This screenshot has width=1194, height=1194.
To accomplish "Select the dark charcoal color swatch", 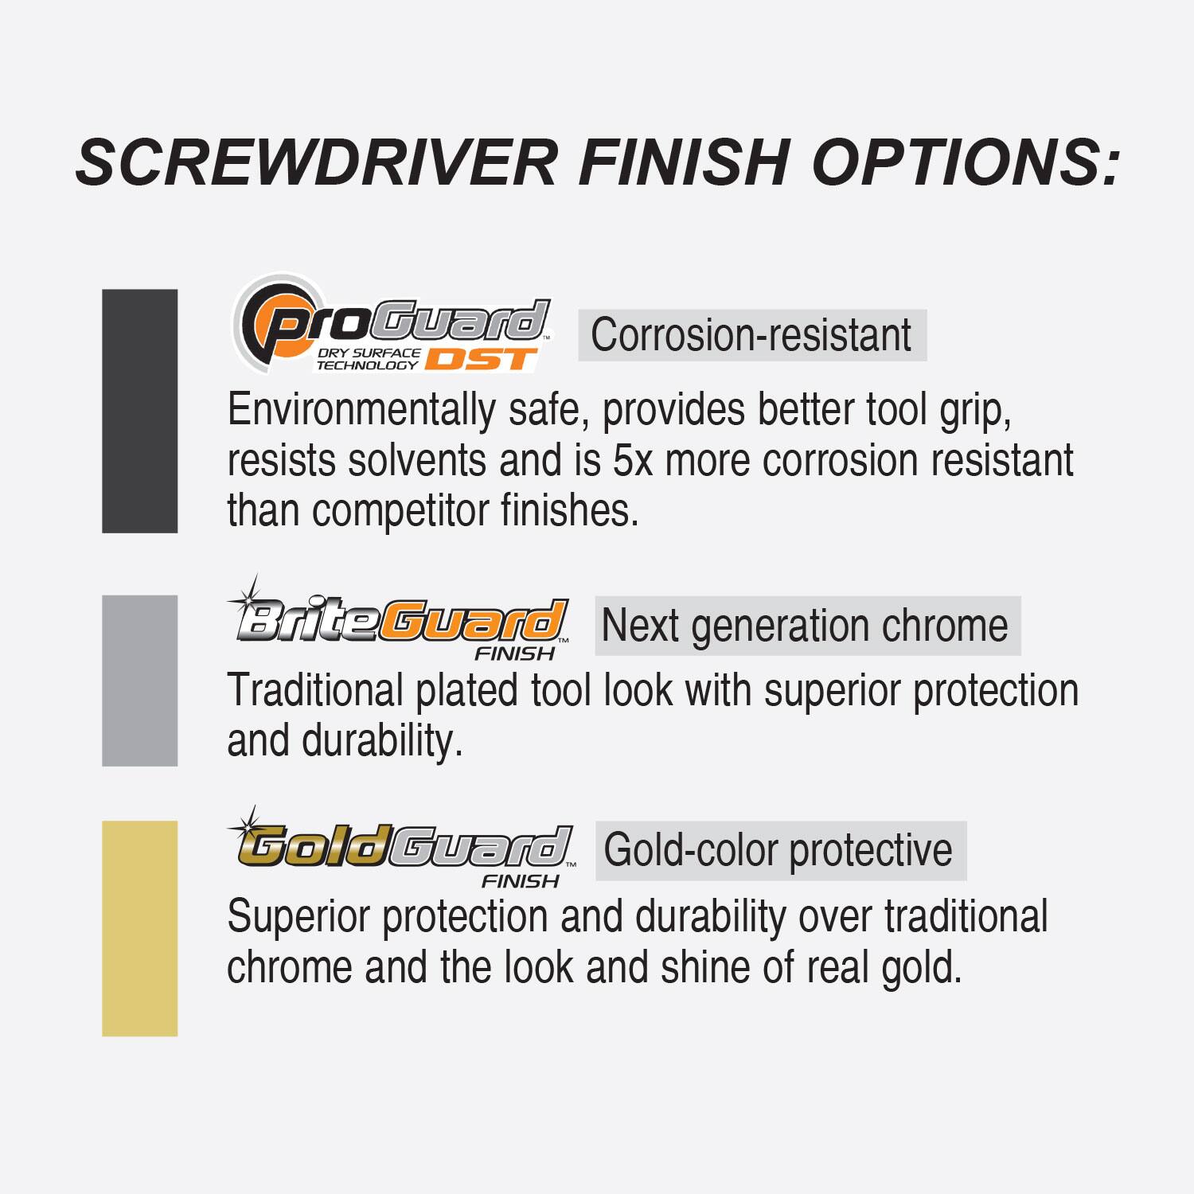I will [140, 411].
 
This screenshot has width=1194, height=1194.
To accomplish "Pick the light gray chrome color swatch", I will [140, 681].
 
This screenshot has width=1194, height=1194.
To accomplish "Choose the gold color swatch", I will [140, 928].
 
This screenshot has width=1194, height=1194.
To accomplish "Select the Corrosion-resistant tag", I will [751, 335].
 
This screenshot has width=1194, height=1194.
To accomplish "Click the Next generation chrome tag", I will [806, 626].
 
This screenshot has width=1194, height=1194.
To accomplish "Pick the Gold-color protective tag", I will [779, 850].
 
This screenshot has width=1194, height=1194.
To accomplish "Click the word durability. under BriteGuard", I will [382, 740].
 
